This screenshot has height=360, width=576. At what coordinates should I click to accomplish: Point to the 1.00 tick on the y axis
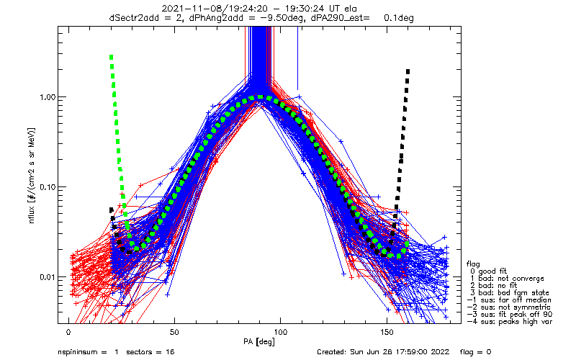pyautogui.click(x=45, y=97)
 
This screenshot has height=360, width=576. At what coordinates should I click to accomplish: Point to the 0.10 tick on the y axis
pyautogui.click(x=45, y=187)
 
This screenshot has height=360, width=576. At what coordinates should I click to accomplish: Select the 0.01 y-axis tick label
pyautogui.click(x=45, y=277)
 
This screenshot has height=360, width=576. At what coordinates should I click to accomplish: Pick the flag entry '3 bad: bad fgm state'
pyautogui.click(x=510, y=293)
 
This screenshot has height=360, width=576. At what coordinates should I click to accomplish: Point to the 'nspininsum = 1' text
pyautogui.click(x=90, y=353)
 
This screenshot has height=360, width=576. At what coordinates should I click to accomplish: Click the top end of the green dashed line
pyautogui.click(x=111, y=55)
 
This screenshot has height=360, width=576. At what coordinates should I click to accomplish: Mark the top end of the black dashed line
pyautogui.click(x=408, y=71)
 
